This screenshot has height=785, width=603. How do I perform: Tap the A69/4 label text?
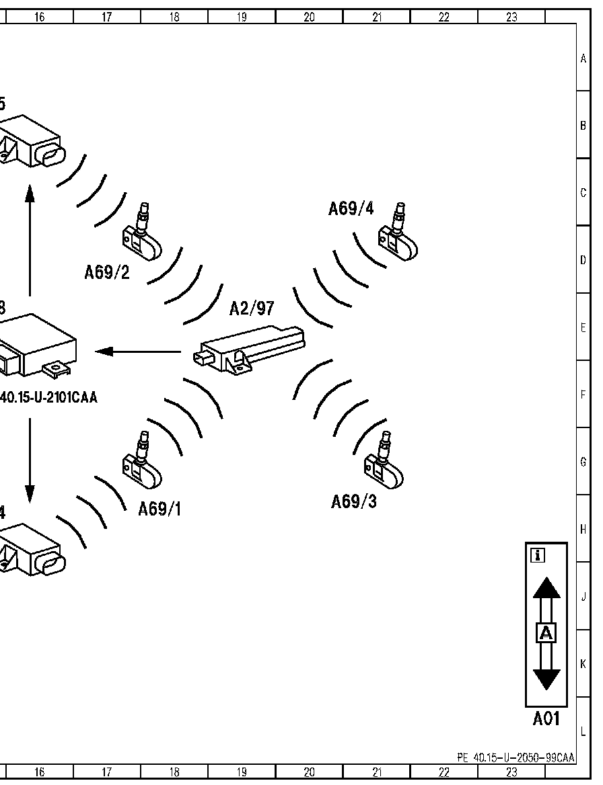pyautogui.click(x=351, y=208)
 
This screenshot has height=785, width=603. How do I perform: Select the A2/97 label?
pyautogui.click(x=252, y=308)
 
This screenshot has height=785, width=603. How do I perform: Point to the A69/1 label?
pyautogui.click(x=159, y=509)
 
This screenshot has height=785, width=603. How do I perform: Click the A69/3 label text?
pyautogui.click(x=353, y=501)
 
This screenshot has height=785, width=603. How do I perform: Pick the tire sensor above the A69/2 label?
pyautogui.click(x=142, y=239)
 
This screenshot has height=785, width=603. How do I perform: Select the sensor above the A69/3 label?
pyautogui.click(x=384, y=465)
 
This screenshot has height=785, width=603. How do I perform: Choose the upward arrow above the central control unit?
pyautogui.click(x=30, y=242)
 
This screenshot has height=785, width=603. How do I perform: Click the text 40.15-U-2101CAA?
pyautogui.click(x=48, y=398)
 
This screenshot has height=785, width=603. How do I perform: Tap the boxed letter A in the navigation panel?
pyautogui.click(x=546, y=633)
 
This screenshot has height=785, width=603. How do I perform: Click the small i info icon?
pyautogui.click(x=538, y=555)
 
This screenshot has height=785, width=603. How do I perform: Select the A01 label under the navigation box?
pyautogui.click(x=546, y=719)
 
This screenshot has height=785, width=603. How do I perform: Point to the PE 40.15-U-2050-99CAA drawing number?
pyautogui.click(x=516, y=757)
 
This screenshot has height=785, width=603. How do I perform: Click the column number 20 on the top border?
pyautogui.click(x=309, y=17)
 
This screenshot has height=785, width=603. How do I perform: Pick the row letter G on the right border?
pyautogui.click(x=583, y=462)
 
